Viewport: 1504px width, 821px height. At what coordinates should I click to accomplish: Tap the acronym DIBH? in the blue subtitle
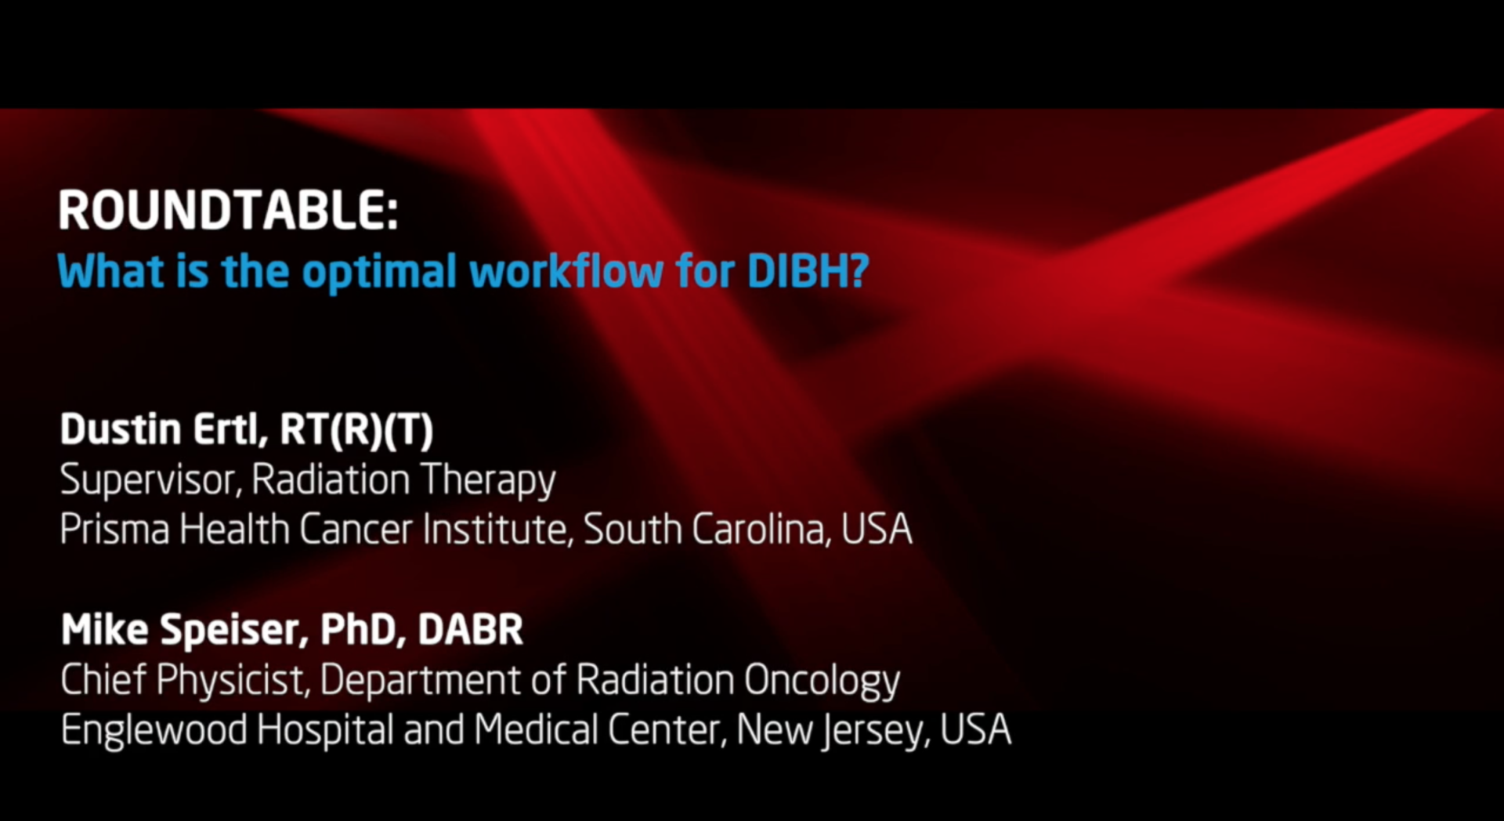pos(808,271)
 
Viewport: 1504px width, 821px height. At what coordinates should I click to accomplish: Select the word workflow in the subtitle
pos(566,271)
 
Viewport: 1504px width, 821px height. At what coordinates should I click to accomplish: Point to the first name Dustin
pos(121,429)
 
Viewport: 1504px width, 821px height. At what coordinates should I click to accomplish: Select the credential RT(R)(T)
pos(356,430)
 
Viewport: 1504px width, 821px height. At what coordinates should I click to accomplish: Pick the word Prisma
pos(114,530)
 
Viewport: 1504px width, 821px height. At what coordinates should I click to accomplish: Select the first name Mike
pos(105,630)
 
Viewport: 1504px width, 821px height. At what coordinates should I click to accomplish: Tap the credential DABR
pos(470,630)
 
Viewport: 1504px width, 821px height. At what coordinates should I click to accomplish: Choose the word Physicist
pos(233,680)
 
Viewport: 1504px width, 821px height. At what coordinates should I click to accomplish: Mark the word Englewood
pos(154,731)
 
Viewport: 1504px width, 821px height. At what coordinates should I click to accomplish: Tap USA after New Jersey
pos(975,730)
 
